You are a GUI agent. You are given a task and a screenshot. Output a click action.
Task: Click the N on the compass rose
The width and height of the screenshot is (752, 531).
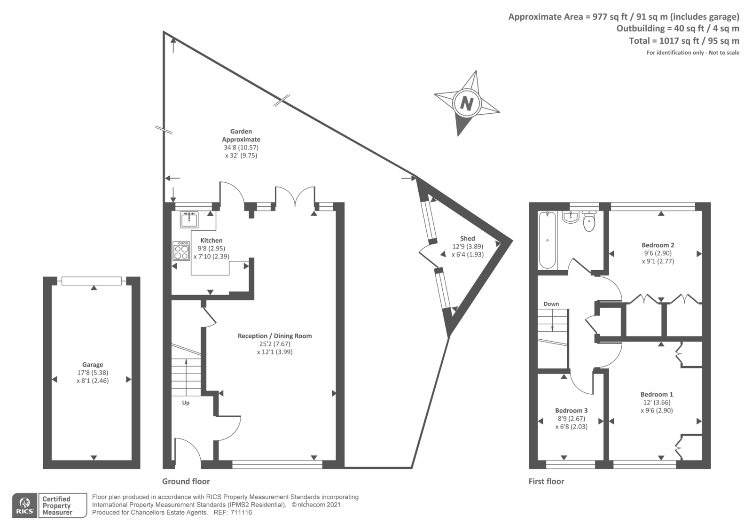point(466,103)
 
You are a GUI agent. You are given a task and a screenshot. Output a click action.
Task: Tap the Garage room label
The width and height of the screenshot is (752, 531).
point(93,365)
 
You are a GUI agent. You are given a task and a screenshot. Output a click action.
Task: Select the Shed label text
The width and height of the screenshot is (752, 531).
point(467,238)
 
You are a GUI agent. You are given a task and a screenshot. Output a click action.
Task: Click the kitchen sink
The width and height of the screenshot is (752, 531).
point(189,219)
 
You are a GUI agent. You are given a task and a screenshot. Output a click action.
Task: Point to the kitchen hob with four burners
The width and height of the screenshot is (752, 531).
point(181,251)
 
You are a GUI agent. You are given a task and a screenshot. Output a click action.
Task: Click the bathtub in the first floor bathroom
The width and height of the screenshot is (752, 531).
point(548,240)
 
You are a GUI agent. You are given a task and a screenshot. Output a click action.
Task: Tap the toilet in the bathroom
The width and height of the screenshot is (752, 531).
point(589,221)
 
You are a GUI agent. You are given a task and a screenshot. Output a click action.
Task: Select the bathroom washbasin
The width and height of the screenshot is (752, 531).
point(570,217)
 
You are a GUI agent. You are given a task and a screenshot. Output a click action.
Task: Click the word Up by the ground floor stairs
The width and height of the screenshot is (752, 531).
point(186,403)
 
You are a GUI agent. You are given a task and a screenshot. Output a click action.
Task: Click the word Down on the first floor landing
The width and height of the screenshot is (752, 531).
point(551,304)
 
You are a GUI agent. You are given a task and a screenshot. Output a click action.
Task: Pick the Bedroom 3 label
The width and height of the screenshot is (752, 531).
point(571,411)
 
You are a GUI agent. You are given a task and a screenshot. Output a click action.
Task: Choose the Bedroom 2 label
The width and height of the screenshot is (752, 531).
point(658,245)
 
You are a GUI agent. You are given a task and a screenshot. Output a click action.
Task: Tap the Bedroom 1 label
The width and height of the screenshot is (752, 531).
point(657,394)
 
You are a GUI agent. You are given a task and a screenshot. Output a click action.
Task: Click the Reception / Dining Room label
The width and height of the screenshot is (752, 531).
point(274,336)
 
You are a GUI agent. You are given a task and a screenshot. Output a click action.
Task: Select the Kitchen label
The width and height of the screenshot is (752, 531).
point(211,240)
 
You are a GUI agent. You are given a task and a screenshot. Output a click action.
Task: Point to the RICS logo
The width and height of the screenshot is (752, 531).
point(25,506)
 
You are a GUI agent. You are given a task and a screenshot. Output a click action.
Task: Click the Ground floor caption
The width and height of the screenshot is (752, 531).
point(186,481)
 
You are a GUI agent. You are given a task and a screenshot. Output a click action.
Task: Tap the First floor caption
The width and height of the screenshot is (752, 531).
point(546,481)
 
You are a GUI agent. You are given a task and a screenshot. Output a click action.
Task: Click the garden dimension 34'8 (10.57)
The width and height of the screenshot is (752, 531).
point(241,148)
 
